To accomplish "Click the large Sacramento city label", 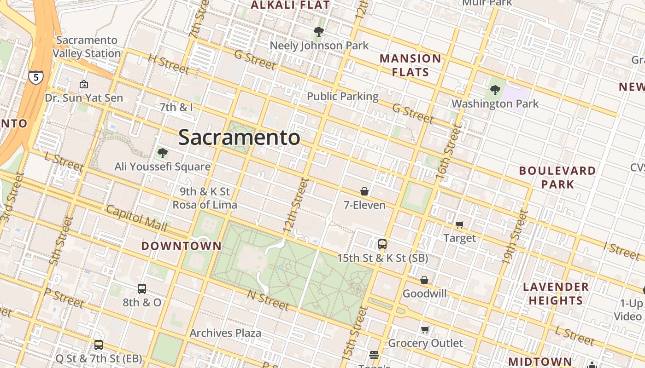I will pyautogui.click(x=239, y=138).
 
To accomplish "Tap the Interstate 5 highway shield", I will pyautogui.click(x=36, y=77).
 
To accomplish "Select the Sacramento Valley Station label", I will pyautogui.click(x=87, y=47).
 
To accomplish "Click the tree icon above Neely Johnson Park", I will pyautogui.click(x=318, y=32).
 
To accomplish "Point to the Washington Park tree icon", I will pyautogui.click(x=495, y=90).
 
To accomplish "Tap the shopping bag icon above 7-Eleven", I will pyautogui.click(x=364, y=191).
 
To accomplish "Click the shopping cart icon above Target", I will pyautogui.click(x=459, y=224).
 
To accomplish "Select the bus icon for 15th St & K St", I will pyautogui.click(x=382, y=244).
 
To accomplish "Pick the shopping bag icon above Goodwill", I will pyautogui.click(x=424, y=280).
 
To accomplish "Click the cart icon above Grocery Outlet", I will pyautogui.click(x=425, y=329).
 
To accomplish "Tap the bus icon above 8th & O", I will pyautogui.click(x=142, y=289).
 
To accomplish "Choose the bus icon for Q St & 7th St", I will pyautogui.click(x=99, y=345).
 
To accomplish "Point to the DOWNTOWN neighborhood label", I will pyautogui.click(x=182, y=246).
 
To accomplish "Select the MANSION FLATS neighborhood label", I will pyautogui.click(x=410, y=65).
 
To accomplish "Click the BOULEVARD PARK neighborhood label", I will pyautogui.click(x=557, y=178).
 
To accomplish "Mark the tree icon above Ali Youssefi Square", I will pyautogui.click(x=162, y=153).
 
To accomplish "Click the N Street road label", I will pyautogui.click(x=268, y=299).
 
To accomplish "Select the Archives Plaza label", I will pyautogui.click(x=225, y=333).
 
